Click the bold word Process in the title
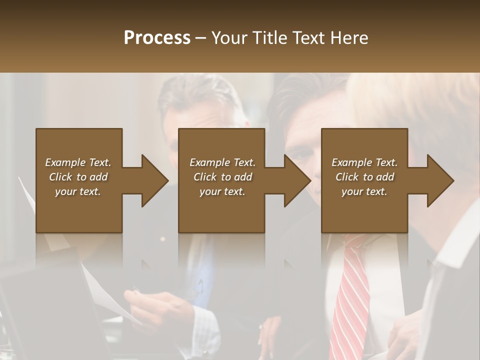point(157,38)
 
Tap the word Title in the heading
point(270,38)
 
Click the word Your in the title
point(230,38)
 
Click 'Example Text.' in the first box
point(78,162)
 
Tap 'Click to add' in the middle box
point(222,177)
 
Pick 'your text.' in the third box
point(364,191)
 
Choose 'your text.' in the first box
point(78,191)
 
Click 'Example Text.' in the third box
point(364,162)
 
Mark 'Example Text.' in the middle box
point(222,162)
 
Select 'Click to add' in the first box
point(78,177)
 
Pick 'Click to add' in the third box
point(364,177)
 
